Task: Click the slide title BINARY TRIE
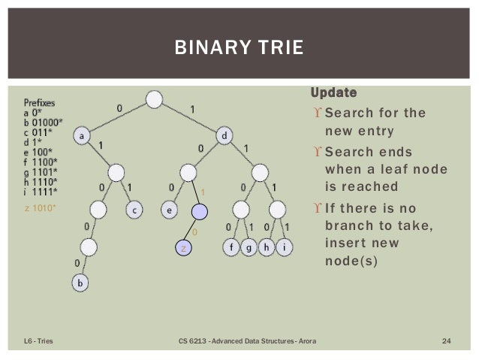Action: pyautogui.click(x=239, y=50)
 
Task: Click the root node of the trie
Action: pyautogui.click(x=154, y=99)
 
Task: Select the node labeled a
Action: pyautogui.click(x=81, y=136)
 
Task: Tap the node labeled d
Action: pyautogui.click(x=225, y=136)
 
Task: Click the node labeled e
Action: pyautogui.click(x=171, y=211)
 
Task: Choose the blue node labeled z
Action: pyautogui.click(x=182, y=247)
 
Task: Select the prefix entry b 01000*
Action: pyautogui.click(x=44, y=130)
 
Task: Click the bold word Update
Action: pyautogui.click(x=334, y=93)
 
